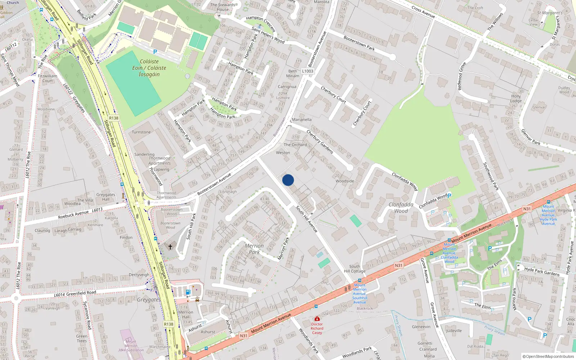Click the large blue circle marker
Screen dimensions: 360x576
click(288, 180)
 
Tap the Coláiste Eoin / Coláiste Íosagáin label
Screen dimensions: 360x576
click(149, 68)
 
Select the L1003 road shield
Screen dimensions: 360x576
click(307, 71)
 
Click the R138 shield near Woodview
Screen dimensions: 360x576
click(114, 118)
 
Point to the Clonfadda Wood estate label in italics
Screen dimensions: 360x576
click(401, 208)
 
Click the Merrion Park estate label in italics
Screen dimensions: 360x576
click(254, 249)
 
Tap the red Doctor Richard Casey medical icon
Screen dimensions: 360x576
click(317, 319)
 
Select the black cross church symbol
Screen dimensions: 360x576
click(170, 247)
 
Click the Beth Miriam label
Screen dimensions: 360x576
click(293, 73)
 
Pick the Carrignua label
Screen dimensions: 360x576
click(287, 87)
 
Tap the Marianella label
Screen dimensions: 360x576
click(302, 120)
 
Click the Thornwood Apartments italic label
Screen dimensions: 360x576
click(159, 161)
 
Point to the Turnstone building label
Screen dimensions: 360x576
click(141, 132)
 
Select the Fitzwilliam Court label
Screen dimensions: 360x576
click(48, 78)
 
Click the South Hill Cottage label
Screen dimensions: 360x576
click(355, 269)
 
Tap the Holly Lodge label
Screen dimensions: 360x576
click(516, 99)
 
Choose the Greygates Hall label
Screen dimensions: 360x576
click(106, 197)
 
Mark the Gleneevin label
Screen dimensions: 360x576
click(421, 327)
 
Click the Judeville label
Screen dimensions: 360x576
click(454, 331)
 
